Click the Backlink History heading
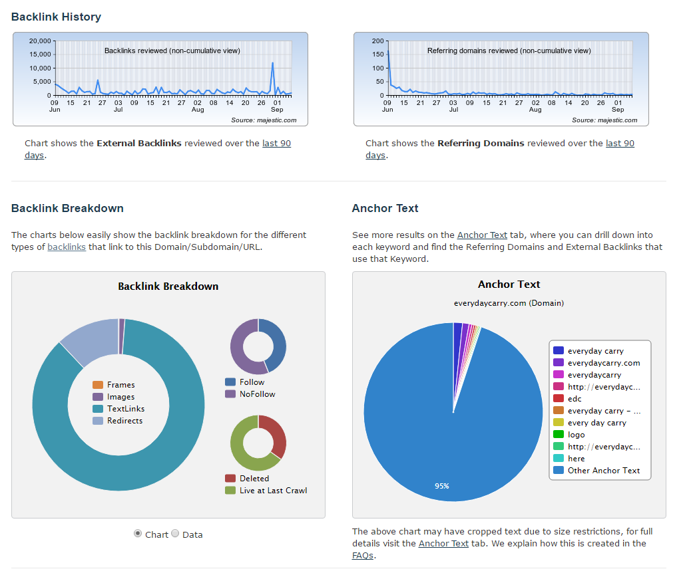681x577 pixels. pyautogui.click(x=56, y=17)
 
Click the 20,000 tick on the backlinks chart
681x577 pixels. pyautogui.click(x=39, y=41)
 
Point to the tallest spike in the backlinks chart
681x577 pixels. pyautogui.click(x=273, y=64)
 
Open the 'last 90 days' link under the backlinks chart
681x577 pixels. pyautogui.click(x=276, y=143)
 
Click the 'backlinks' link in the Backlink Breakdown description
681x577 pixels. pyautogui.click(x=67, y=247)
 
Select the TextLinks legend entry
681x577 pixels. pyautogui.click(x=126, y=409)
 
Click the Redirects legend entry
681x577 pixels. pyautogui.click(x=124, y=421)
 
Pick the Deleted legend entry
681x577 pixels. pyautogui.click(x=254, y=479)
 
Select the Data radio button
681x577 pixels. pyautogui.click(x=176, y=534)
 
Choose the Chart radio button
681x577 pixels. pyautogui.click(x=138, y=534)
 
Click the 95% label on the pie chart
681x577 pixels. pyautogui.click(x=441, y=486)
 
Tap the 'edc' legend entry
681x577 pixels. pyautogui.click(x=574, y=399)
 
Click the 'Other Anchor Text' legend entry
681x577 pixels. pyautogui.click(x=603, y=471)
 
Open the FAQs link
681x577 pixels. pyautogui.click(x=363, y=555)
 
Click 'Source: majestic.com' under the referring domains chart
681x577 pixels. pyautogui.click(x=604, y=120)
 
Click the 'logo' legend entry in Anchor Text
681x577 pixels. pyautogui.click(x=576, y=435)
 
